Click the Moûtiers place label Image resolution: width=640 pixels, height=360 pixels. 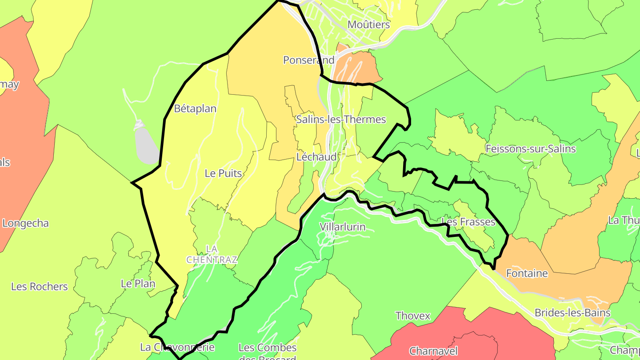pos(368,24)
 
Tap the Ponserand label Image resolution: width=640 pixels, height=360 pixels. pos(308,60)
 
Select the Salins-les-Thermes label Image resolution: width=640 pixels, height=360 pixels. pos(341,119)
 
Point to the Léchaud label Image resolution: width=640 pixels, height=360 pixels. pos(316,157)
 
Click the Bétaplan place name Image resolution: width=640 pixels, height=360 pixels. pos(195,108)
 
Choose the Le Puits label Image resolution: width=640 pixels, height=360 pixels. pos(223,173)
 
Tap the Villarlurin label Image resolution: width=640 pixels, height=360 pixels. pos(343,227)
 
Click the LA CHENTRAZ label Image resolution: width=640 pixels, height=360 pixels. pos(212,254)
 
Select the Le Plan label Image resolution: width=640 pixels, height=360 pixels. pos(138,284)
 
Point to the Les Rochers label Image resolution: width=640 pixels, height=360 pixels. pos(40,287)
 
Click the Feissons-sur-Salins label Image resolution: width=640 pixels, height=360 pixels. pos(531,149)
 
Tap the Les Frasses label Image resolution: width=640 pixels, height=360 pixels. pos(468,222)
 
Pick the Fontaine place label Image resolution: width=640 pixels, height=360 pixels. pos(527,273)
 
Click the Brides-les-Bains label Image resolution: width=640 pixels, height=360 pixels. pos(572,312)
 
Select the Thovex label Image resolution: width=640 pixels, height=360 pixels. pos(413,316)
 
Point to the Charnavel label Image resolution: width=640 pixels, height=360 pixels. pos(433,351)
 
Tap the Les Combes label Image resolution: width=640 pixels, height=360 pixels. pos(268,348)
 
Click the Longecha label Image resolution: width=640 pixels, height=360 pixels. pos(25,223)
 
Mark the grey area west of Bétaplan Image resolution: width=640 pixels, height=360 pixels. pos(146,144)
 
